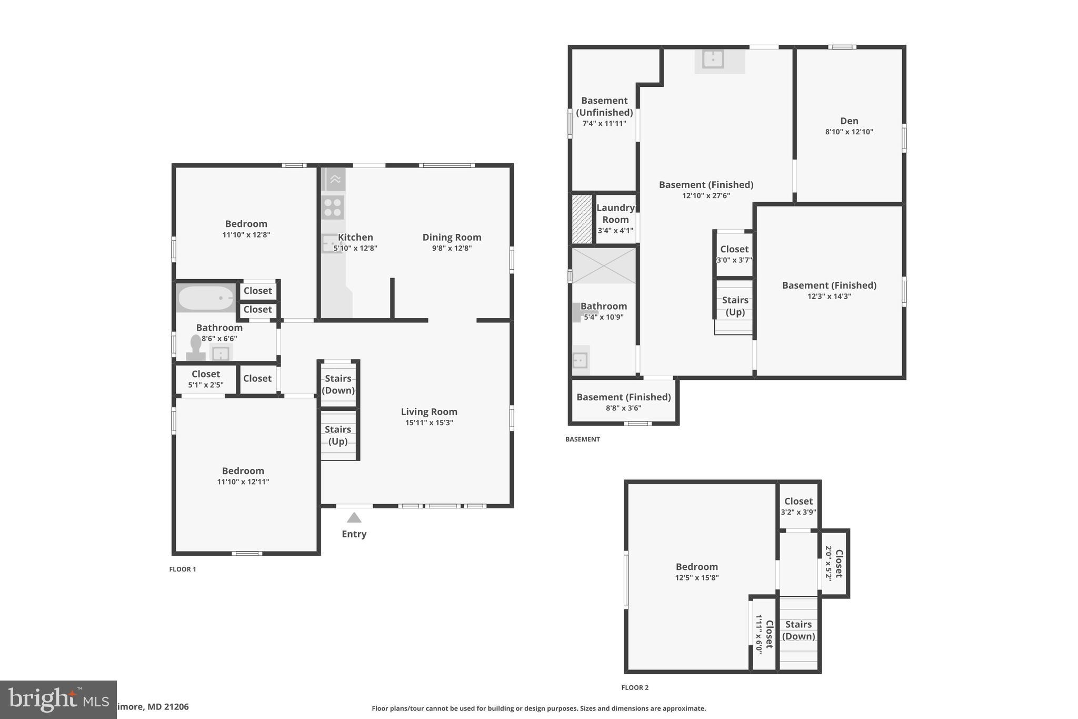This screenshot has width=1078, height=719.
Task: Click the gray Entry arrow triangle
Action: click(354, 518)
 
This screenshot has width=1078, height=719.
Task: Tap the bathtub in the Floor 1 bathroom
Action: click(206, 298)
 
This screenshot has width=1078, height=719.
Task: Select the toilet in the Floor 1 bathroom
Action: click(196, 349)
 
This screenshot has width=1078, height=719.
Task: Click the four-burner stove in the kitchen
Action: click(333, 207)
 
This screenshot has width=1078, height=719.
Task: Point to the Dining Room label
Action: click(452, 238)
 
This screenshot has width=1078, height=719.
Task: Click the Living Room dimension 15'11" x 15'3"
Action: click(429, 422)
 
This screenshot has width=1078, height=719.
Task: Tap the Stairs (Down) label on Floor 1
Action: click(338, 384)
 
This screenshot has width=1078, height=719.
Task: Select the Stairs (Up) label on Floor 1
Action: click(338, 435)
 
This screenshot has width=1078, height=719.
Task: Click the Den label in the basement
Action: click(849, 121)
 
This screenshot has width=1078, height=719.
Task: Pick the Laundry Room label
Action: click(615, 213)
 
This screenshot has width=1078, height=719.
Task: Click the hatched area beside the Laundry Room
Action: click(582, 219)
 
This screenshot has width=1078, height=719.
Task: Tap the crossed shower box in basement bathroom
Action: click(604, 265)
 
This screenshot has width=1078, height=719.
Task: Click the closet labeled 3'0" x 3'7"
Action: click(734, 254)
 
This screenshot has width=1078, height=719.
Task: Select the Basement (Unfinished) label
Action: click(604, 106)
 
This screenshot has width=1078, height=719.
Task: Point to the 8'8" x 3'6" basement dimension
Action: click(623, 408)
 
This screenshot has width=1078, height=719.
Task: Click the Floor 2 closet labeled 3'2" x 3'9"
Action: click(798, 506)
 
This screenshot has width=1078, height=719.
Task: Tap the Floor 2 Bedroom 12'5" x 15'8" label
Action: click(696, 572)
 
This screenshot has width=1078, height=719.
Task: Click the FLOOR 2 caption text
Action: click(635, 687)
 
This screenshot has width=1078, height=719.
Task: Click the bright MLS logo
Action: click(58, 700)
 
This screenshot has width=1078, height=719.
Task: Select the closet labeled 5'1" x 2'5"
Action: click(205, 379)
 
